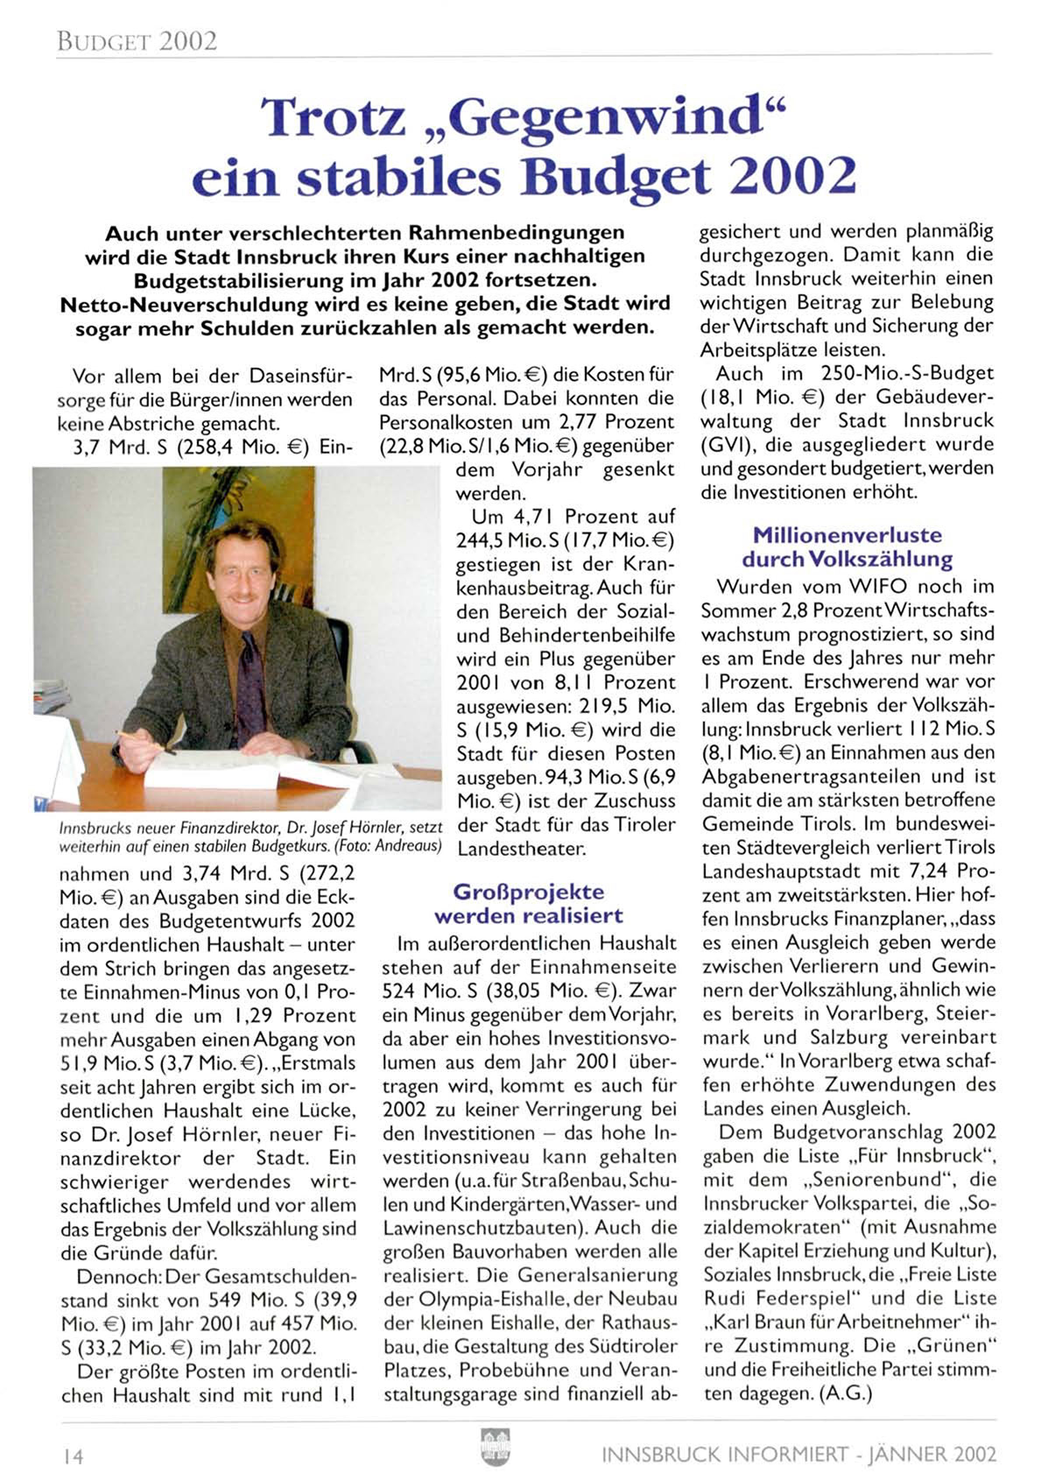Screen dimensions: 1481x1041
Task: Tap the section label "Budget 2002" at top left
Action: [137, 41]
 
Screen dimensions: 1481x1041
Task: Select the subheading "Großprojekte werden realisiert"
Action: [529, 904]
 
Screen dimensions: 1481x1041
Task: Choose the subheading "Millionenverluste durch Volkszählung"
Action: [847, 547]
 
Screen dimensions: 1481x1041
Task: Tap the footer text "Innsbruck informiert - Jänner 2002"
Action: [798, 1455]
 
